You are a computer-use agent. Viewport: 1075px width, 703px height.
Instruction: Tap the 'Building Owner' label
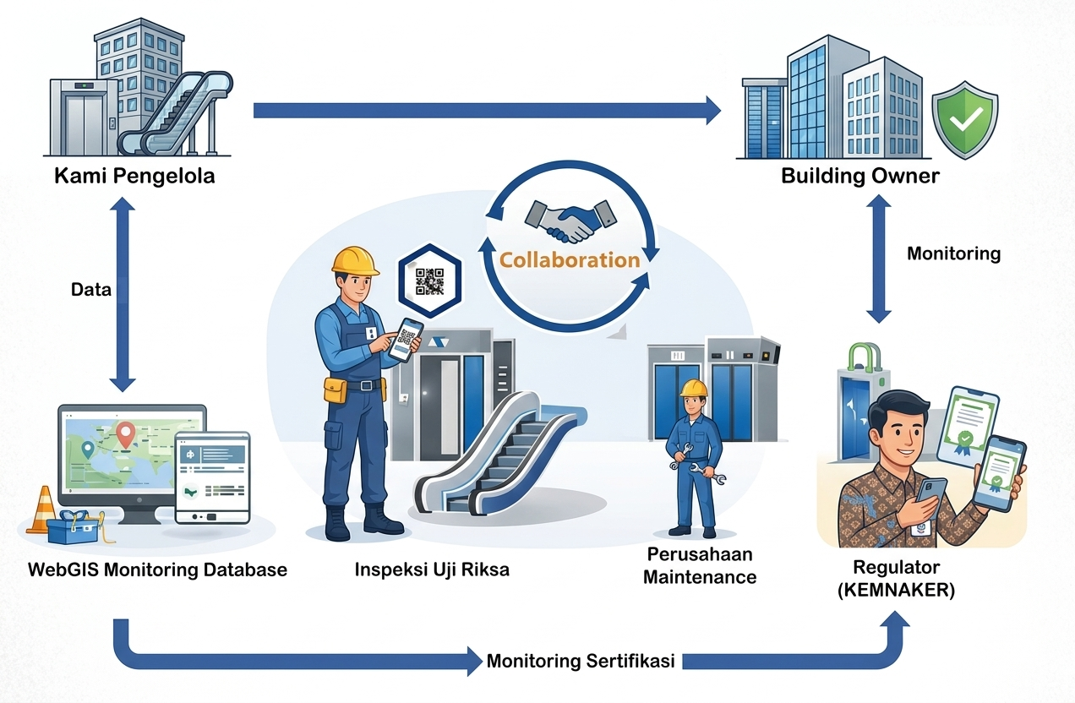(859, 177)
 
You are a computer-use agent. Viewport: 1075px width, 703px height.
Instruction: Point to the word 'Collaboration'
(570, 259)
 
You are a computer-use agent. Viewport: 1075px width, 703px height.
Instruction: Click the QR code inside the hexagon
(429, 281)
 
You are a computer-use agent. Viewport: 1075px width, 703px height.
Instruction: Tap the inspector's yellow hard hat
(355, 260)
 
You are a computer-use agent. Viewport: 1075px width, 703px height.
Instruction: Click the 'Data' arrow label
(91, 290)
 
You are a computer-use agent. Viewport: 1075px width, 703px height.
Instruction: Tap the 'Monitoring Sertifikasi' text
(581, 661)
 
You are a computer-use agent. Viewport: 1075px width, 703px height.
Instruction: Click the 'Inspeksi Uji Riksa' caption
(432, 569)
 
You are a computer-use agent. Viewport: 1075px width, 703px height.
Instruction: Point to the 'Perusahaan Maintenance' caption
(699, 566)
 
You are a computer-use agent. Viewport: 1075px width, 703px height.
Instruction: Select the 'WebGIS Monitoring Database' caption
(157, 569)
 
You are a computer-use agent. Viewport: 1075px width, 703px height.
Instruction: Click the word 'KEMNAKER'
(896, 591)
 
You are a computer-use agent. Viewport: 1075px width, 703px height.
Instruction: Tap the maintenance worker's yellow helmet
(694, 388)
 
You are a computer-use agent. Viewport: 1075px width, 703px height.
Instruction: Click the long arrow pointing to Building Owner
(486, 110)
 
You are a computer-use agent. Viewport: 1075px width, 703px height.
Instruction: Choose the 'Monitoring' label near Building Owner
(953, 253)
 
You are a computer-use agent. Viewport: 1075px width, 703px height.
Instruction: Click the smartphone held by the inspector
(408, 338)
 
